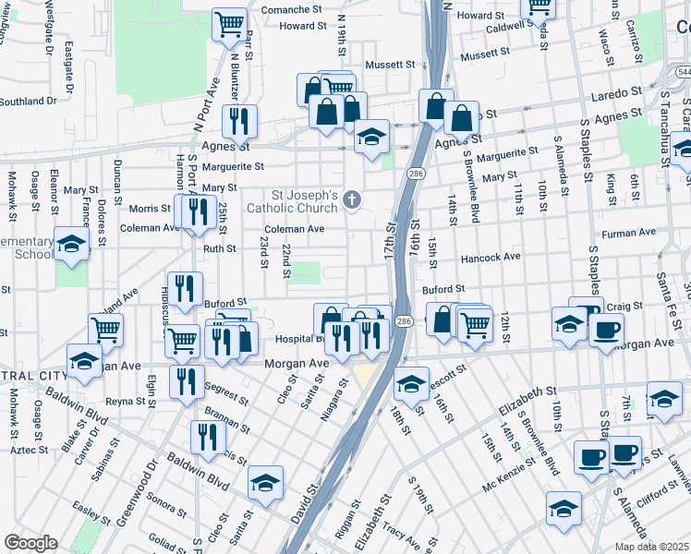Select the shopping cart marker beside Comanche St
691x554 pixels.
point(230,25)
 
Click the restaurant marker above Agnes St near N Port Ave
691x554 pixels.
point(239,121)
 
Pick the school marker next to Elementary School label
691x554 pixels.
point(71,245)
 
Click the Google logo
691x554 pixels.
point(30,543)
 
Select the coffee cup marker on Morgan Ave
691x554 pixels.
point(606,330)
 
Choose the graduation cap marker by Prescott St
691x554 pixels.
point(411,383)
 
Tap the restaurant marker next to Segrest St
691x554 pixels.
point(188,382)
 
